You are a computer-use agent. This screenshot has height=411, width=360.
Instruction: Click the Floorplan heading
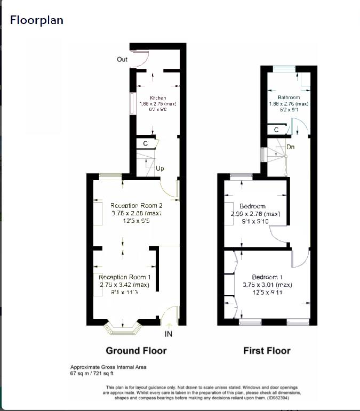pyautogui.click(x=37, y=20)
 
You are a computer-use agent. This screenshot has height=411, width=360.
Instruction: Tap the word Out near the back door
pyautogui.click(x=122, y=59)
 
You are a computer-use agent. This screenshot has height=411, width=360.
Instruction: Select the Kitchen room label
pyautogui.click(x=158, y=98)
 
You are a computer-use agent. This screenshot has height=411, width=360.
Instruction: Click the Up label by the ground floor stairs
pyautogui.click(x=159, y=168)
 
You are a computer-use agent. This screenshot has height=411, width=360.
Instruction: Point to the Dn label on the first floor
pyautogui.click(x=291, y=147)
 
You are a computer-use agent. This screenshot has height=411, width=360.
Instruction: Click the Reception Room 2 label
pyautogui.click(x=136, y=205)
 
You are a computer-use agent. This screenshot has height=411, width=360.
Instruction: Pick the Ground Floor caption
pyautogui.click(x=136, y=351)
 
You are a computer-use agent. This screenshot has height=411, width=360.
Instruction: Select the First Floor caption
pyautogui.click(x=267, y=351)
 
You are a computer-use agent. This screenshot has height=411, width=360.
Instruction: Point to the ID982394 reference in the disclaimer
pyautogui.click(x=279, y=397)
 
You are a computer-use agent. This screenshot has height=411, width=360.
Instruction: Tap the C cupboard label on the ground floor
pyautogui.click(x=145, y=144)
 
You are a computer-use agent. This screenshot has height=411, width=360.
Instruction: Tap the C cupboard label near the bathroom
pyautogui.click(x=276, y=130)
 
